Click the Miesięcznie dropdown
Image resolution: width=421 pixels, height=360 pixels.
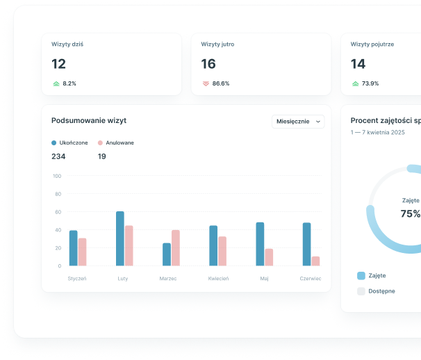pyautogui.click(x=298, y=122)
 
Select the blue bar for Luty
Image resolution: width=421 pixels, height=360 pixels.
pyautogui.click(x=120, y=238)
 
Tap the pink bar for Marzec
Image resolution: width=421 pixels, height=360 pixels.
pyautogui.click(x=176, y=247)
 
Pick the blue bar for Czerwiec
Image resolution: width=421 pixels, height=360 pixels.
pyautogui.click(x=306, y=244)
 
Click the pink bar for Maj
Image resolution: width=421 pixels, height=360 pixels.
pyautogui.click(x=269, y=257)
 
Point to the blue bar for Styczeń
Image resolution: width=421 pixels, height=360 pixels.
pyautogui.click(x=74, y=248)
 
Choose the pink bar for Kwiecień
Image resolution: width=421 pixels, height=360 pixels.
pyautogui.click(x=222, y=251)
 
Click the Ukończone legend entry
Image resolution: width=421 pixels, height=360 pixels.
pyautogui.click(x=69, y=142)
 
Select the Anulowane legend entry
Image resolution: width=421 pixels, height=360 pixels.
pyautogui.click(x=116, y=142)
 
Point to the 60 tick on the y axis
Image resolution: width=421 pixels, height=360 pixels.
pyautogui.click(x=57, y=212)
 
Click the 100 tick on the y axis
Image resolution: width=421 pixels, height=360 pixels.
pyautogui.click(x=57, y=176)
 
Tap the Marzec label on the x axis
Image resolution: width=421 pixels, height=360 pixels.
pyautogui.click(x=167, y=278)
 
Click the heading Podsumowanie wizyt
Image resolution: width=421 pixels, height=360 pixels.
pyautogui.click(x=89, y=120)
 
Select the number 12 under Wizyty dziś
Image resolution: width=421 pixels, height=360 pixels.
pyautogui.click(x=59, y=64)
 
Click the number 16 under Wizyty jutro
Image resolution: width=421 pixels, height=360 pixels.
pyautogui.click(x=208, y=64)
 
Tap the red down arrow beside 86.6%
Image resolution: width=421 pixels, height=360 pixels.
pyautogui.click(x=206, y=83)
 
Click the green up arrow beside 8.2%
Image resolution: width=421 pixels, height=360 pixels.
pyautogui.click(x=56, y=83)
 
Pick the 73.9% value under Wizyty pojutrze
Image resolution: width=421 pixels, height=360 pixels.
pyautogui.click(x=370, y=83)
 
